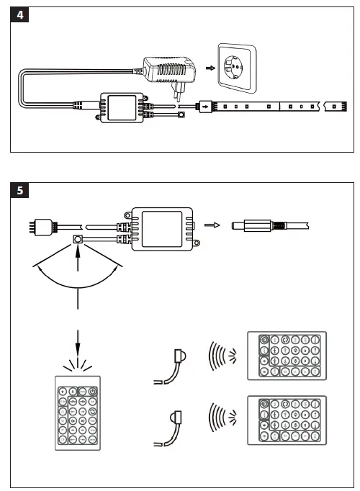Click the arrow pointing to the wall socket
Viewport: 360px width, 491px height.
tap(210, 68)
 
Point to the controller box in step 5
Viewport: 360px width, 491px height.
tap(161, 228)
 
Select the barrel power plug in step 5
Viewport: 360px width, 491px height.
tap(252, 226)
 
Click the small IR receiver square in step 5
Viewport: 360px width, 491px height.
tap(76, 238)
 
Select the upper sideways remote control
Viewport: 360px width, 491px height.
tap(286, 355)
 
